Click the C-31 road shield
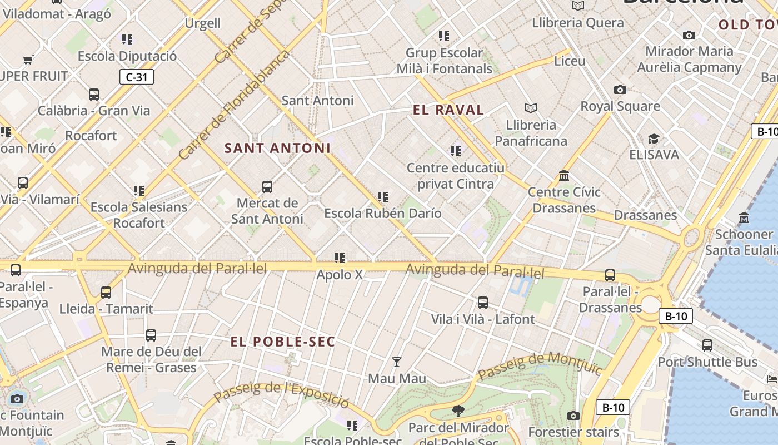[x=136, y=77]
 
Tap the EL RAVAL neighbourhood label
[x=448, y=110]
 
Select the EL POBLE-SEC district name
[x=283, y=342]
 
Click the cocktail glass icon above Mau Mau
[x=396, y=362]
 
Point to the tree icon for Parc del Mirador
[x=458, y=411]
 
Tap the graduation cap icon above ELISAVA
[x=654, y=139]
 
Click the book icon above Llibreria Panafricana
[x=531, y=108]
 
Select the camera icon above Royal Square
[x=620, y=90]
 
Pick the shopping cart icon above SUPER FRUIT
[x=28, y=60]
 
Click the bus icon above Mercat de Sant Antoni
[x=267, y=187]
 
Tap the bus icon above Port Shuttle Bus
[x=707, y=345]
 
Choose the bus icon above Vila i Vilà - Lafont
[x=483, y=303]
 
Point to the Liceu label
[x=570, y=61]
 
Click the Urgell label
[x=203, y=23]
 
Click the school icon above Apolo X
[x=340, y=258]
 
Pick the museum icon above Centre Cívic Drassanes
[x=564, y=176]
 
